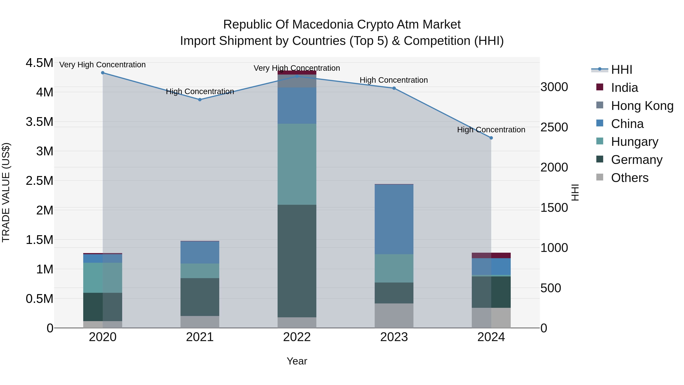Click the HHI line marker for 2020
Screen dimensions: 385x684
pyautogui.click(x=103, y=73)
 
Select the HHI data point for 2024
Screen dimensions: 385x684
pyautogui.click(x=491, y=138)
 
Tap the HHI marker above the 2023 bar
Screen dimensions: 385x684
pyautogui.click(x=394, y=88)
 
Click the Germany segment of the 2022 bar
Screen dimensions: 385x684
pyautogui.click(x=297, y=261)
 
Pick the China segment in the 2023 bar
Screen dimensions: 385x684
pyautogui.click(x=394, y=219)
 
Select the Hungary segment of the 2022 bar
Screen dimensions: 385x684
pyautogui.click(x=297, y=164)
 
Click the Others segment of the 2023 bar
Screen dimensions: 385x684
pyautogui.click(x=394, y=315)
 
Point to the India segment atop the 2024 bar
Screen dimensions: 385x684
pyautogui.click(x=491, y=255)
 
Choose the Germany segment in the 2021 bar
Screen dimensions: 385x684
pyautogui.click(x=200, y=297)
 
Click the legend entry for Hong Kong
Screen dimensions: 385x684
pyautogui.click(x=642, y=106)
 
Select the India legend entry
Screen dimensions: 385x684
pyautogui.click(x=624, y=88)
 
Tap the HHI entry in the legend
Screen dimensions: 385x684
pyautogui.click(x=621, y=70)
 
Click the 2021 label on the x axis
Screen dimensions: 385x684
pyautogui.click(x=200, y=337)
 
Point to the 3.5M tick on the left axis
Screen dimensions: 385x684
pyautogui.click(x=39, y=122)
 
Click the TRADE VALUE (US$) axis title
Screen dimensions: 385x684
pyautogui.click(x=6, y=192)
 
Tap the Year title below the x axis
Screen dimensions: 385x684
pyautogui.click(x=297, y=361)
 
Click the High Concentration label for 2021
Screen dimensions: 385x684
pyautogui.click(x=200, y=91)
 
